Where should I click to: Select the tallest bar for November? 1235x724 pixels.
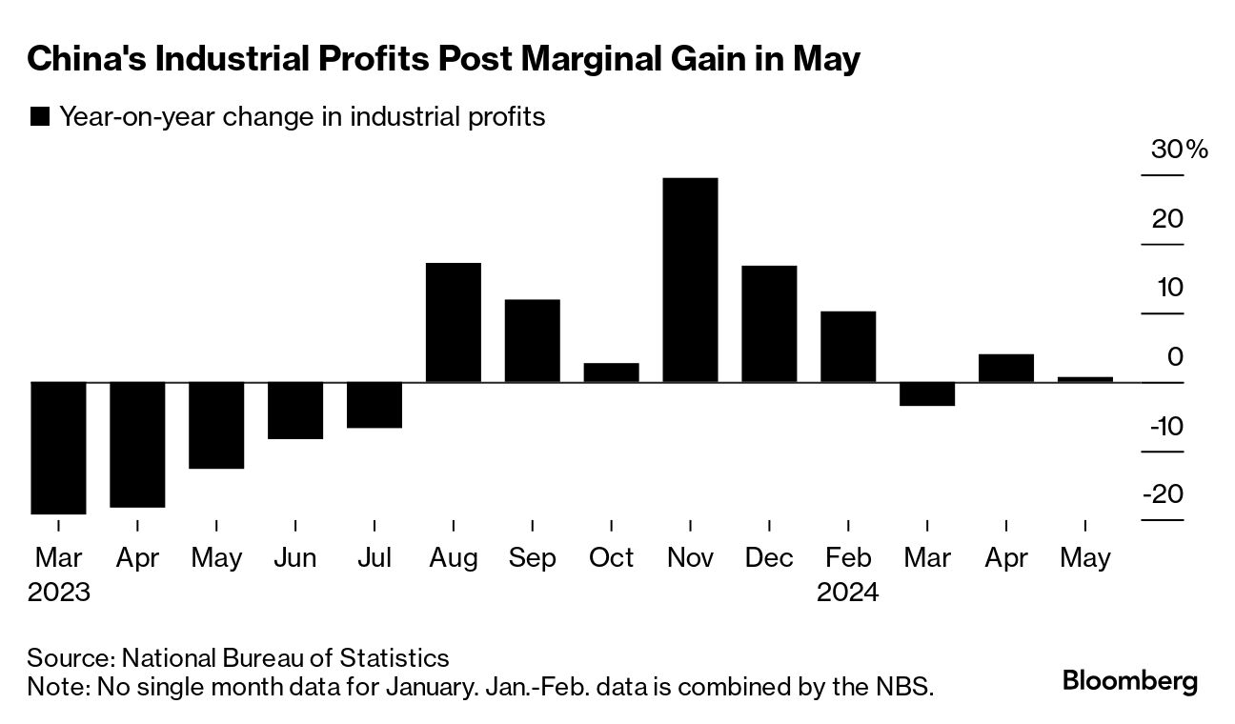click(x=690, y=280)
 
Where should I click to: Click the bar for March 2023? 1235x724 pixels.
click(x=58, y=448)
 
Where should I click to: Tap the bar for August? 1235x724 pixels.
click(x=453, y=322)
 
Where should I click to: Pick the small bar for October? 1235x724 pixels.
click(x=611, y=372)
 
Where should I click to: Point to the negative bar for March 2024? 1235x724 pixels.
click(x=927, y=393)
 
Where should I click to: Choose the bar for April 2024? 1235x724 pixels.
click(x=1006, y=368)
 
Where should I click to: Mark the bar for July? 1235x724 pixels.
click(x=374, y=405)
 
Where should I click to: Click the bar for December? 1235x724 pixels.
click(x=769, y=324)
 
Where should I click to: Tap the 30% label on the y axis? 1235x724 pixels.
click(x=1181, y=150)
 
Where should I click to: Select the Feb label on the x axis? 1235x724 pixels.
click(x=847, y=557)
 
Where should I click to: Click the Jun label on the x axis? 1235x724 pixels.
click(x=294, y=557)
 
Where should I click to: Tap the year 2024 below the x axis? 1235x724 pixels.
click(x=847, y=592)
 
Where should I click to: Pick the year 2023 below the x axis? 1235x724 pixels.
click(x=58, y=592)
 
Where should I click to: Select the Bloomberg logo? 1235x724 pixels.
click(x=1130, y=681)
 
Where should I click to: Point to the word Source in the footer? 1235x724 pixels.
click(x=70, y=657)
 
